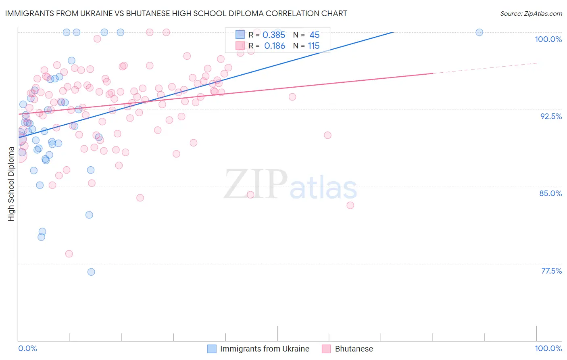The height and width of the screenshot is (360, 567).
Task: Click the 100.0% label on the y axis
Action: point(548,39)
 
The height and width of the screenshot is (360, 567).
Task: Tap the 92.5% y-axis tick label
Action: point(551,116)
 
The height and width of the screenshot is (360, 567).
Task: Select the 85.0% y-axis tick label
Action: point(550,193)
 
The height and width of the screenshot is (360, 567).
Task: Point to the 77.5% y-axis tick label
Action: point(551,271)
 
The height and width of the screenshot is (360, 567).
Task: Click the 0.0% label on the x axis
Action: point(27,349)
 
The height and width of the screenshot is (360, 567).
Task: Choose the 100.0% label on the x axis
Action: point(548,349)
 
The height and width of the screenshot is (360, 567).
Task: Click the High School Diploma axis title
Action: point(11,184)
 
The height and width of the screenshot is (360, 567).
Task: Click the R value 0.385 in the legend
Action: point(274,35)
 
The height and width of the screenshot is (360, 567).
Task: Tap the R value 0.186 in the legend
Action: point(275,46)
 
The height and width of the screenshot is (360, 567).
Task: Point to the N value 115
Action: point(314,46)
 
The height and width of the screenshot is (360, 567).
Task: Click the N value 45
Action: point(314,35)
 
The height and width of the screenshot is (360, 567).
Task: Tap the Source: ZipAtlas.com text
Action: point(531,13)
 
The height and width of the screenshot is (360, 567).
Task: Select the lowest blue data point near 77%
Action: point(91,272)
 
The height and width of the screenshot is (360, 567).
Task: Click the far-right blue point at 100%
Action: point(479,32)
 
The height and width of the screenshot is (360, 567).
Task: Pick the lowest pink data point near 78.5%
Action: point(69,254)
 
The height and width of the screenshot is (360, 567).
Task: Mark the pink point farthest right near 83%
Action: point(350,205)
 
